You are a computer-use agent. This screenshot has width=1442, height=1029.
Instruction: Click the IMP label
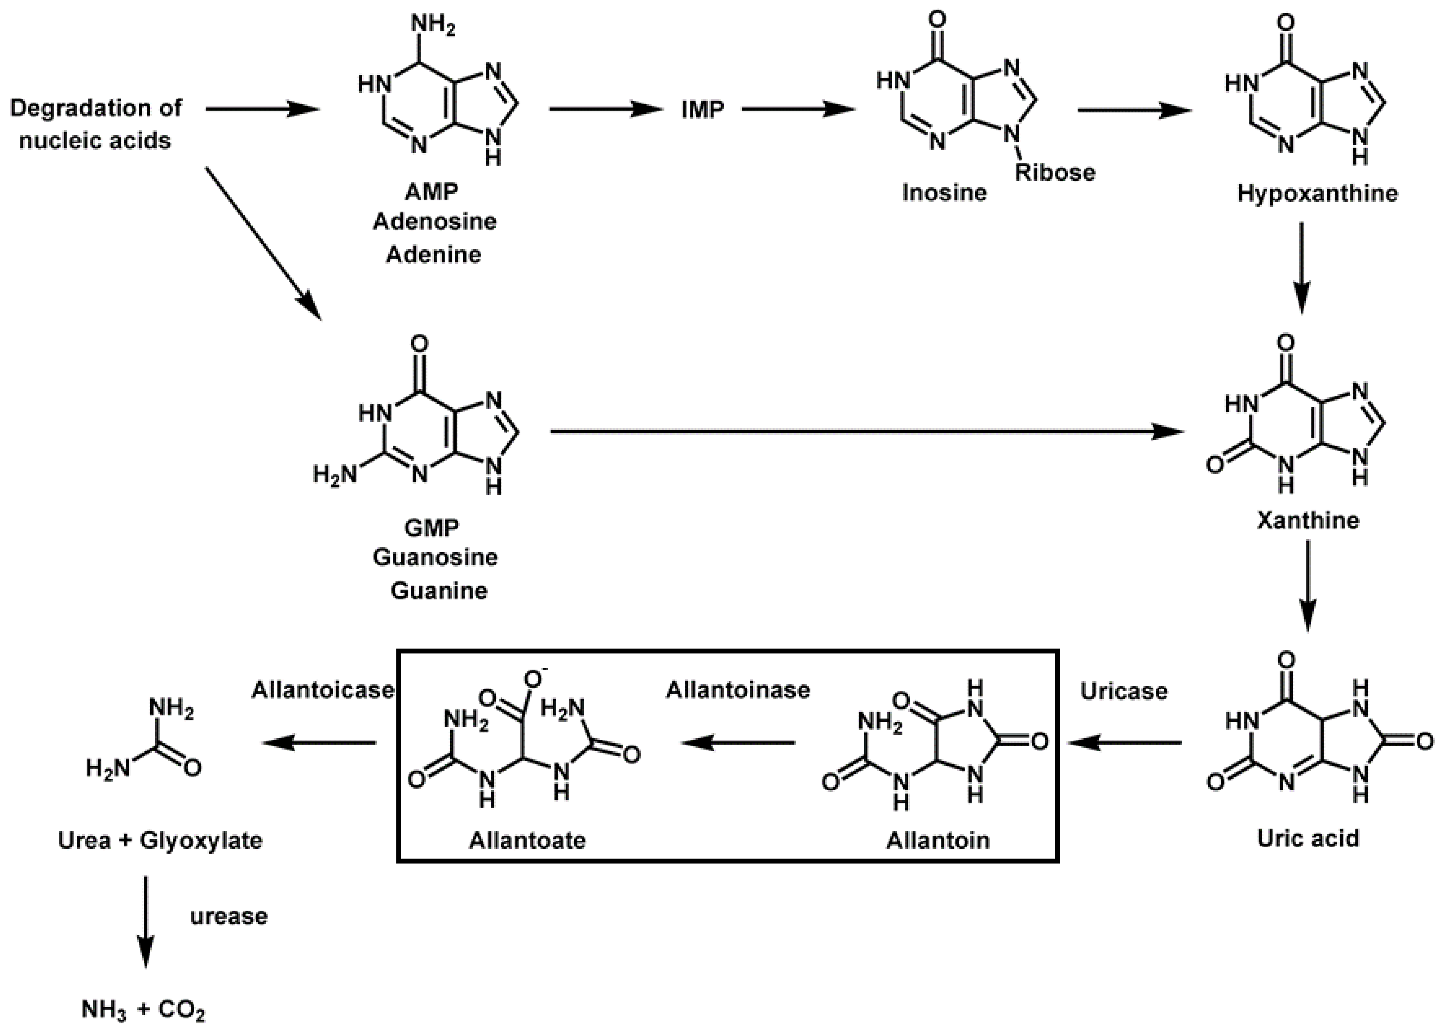coord(702,110)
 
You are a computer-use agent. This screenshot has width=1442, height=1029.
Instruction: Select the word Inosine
coord(944,192)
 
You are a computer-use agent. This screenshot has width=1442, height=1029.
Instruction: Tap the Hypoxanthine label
coord(1317,192)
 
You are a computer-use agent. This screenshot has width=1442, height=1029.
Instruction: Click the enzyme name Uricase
coord(1123,691)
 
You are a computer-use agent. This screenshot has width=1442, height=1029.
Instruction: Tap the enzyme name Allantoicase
coord(323,689)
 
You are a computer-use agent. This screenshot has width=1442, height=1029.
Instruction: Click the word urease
coord(229,916)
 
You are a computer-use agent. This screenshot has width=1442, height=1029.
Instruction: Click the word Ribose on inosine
coord(1055,172)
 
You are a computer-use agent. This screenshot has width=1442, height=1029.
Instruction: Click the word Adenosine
coord(435,221)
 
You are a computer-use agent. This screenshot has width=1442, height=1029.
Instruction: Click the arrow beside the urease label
coord(145,922)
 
